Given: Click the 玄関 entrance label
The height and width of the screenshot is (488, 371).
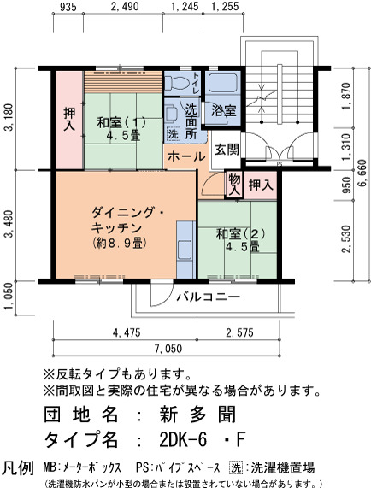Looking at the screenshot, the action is (x=227, y=150).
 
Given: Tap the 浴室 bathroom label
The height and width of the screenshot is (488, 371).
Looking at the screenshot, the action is (x=223, y=110).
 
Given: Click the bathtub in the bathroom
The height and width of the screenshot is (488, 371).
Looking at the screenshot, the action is (x=223, y=82).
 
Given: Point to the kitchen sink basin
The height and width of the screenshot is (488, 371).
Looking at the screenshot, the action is (x=185, y=250).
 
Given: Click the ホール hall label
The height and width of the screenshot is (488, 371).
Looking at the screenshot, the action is (x=186, y=156).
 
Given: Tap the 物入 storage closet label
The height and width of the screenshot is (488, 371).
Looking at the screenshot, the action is (x=235, y=185).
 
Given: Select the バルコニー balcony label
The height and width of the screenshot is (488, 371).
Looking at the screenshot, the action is (x=209, y=297).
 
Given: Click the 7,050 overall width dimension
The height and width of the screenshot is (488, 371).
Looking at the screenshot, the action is (x=168, y=348).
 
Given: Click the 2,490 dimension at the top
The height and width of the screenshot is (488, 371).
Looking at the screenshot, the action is (x=125, y=6).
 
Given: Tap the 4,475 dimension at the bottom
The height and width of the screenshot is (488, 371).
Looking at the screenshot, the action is (x=127, y=332).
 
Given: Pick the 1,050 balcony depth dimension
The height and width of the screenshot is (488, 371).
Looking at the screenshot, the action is (x=9, y=296).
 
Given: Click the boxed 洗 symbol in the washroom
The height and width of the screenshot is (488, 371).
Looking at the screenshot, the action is (x=173, y=134).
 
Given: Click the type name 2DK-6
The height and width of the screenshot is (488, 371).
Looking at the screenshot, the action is (x=183, y=439).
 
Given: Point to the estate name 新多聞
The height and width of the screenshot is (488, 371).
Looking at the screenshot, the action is (x=197, y=415).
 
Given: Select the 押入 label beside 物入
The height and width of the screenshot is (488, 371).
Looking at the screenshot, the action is (x=261, y=185).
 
